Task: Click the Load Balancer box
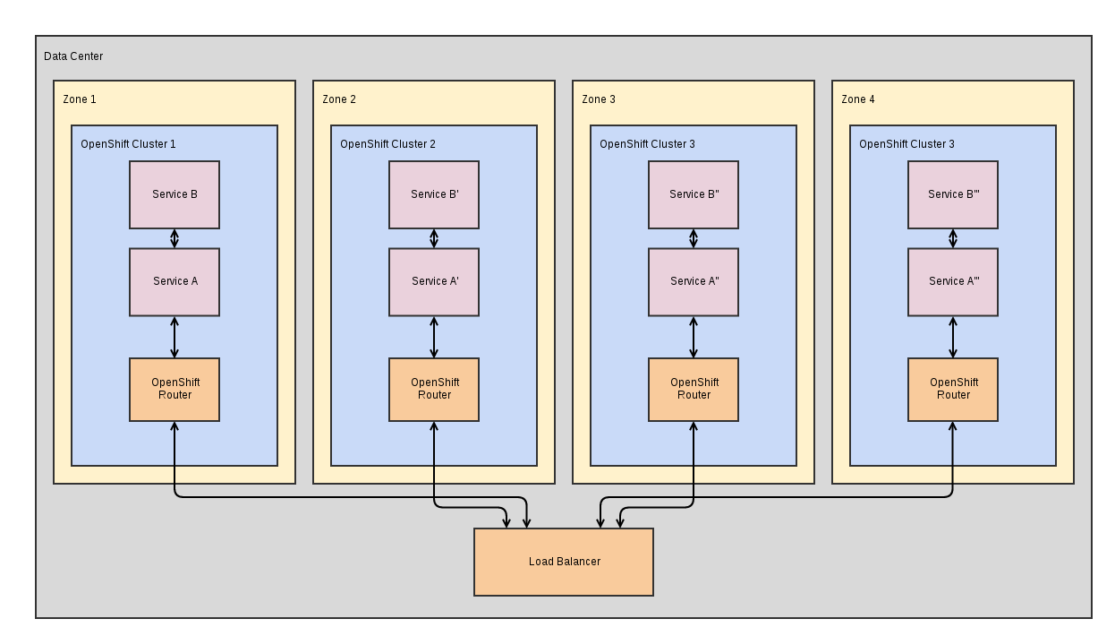pyautogui.click(x=563, y=562)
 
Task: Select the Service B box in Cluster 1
pyautogui.click(x=174, y=194)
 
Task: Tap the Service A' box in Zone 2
pyautogui.click(x=434, y=281)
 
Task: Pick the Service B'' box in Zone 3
pyautogui.click(x=694, y=194)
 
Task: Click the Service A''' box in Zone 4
pyautogui.click(x=953, y=281)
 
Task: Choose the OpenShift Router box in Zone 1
pyautogui.click(x=174, y=389)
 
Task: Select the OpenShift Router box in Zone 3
pyautogui.click(x=694, y=389)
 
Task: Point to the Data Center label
pyautogui.click(x=73, y=56)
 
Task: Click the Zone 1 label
pyautogui.click(x=79, y=99)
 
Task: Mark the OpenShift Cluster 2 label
pyautogui.click(x=387, y=144)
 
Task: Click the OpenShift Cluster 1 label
pyautogui.click(x=128, y=144)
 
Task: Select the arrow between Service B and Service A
pyautogui.click(x=174, y=238)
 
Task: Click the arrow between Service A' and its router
pyautogui.click(x=434, y=337)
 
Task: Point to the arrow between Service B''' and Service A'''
pyautogui.click(x=953, y=238)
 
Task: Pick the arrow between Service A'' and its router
pyautogui.click(x=694, y=337)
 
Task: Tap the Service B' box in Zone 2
pyautogui.click(x=434, y=194)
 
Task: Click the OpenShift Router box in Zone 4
pyautogui.click(x=953, y=389)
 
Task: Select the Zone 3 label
pyautogui.click(x=598, y=99)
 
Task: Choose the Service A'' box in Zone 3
pyautogui.click(x=694, y=281)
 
